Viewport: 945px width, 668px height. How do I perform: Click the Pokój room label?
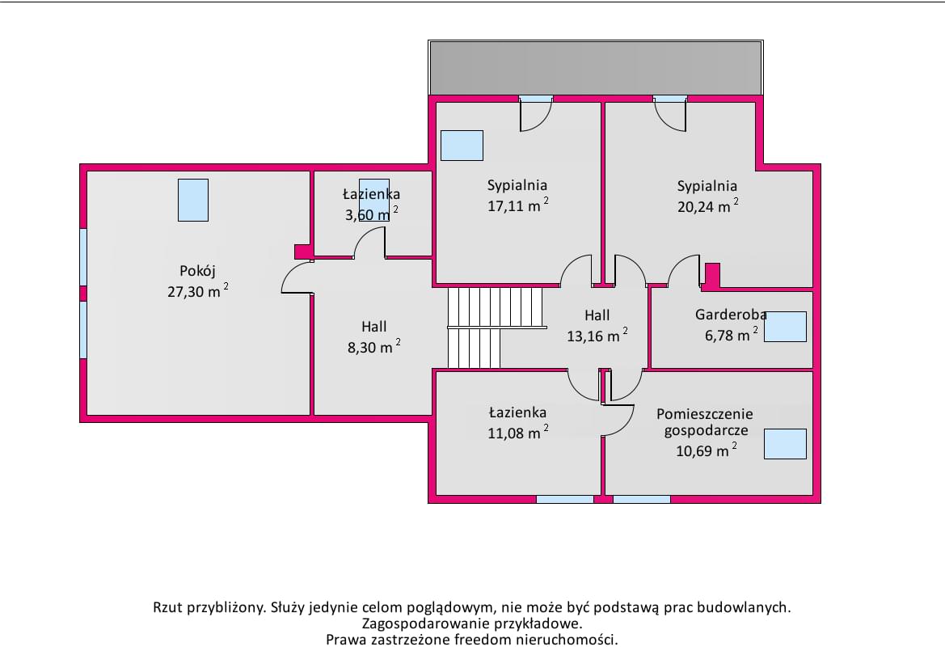pos(197,271)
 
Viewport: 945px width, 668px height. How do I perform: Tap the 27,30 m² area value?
pos(198,290)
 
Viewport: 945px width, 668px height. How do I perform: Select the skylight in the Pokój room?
pos(193,201)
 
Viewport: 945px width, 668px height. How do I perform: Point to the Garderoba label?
pos(731,314)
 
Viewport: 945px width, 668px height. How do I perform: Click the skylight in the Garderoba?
pos(785,327)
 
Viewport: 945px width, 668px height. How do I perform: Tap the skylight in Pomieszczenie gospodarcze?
pos(785,444)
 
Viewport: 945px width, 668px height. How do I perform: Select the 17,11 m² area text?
pos(517,205)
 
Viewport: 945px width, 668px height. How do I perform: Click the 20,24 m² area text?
pos(707,205)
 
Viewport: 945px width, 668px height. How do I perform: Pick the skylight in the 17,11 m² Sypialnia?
pos(462,146)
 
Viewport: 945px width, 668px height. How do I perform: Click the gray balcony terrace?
pos(596,67)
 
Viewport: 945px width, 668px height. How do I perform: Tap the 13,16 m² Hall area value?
pos(597,335)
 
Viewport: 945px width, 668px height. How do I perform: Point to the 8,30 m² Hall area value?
pos(373,347)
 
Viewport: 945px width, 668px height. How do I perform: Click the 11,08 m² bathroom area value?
pos(517,433)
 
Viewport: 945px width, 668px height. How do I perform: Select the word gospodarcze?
pos(706,431)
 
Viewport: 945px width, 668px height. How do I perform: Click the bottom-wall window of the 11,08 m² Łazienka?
pos(565,499)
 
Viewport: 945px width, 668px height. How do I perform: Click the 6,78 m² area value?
pos(731,334)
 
